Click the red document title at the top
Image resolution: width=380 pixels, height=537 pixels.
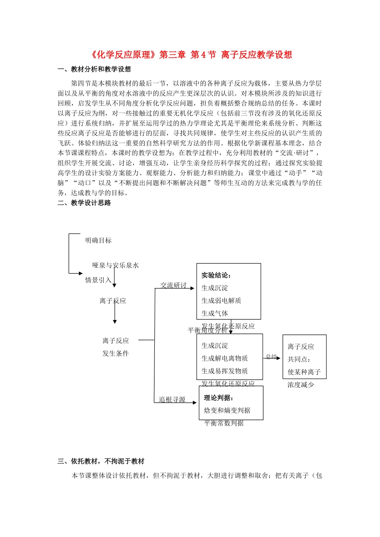click(190, 55)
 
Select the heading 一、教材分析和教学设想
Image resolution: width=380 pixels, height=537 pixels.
click(94, 69)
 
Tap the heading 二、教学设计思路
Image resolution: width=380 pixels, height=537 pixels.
click(84, 203)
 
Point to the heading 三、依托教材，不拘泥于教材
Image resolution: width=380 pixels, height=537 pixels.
click(101, 461)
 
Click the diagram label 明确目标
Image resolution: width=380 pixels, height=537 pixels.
click(98, 240)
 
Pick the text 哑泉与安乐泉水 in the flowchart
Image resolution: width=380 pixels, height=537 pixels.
click(116, 265)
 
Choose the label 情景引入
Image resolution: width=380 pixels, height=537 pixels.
click(98, 280)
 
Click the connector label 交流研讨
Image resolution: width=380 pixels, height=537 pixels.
click(173, 285)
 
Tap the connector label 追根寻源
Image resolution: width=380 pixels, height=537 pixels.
click(172, 399)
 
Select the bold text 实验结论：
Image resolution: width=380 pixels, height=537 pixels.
click(216, 275)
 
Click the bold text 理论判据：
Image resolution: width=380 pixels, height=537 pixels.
click(219, 398)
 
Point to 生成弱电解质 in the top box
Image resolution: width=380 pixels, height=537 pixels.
click(221, 300)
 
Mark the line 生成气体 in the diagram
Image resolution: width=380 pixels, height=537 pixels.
click(215, 313)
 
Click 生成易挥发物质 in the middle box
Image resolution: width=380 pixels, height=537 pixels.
click(224, 371)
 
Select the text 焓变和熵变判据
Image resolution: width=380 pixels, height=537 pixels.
click(227, 410)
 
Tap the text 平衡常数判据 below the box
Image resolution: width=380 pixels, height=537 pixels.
click(224, 423)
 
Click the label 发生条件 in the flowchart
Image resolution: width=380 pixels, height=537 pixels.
click(116, 353)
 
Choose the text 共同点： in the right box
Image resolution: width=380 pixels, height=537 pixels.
click(299, 359)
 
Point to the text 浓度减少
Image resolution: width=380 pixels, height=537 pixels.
click(301, 385)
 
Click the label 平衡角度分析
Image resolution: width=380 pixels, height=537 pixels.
click(208, 330)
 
